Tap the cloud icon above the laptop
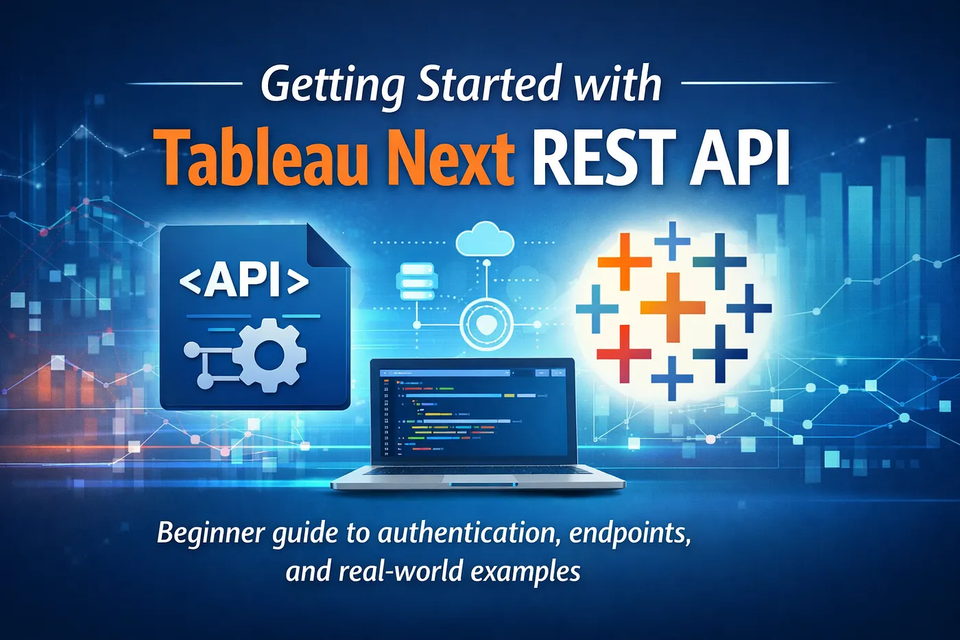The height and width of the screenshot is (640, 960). coord(485,239)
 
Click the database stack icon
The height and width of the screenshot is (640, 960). coord(416,281)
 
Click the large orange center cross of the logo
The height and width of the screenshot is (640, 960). coord(673,306)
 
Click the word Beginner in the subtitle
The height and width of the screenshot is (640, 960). coord(211,534)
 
